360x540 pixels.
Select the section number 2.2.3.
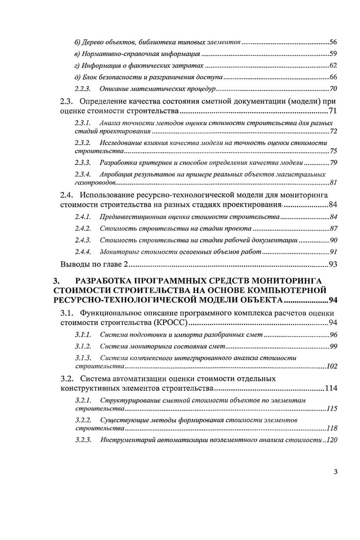pyautogui.click(x=82, y=89)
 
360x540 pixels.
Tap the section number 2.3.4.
pyautogui.click(x=82, y=174)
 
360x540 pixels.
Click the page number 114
pyautogui.click(x=331, y=388)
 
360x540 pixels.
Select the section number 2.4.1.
pyautogui.click(x=82, y=216)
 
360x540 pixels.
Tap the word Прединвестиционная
pyautogui.click(x=129, y=216)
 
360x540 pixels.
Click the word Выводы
pyautogui.click(x=74, y=265)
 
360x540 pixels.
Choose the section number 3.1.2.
pyautogui.click(x=82, y=346)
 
